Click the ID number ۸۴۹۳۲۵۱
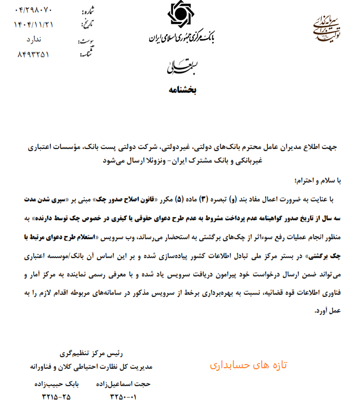coord(34,54)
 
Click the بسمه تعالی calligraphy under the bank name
coord(181,66)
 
